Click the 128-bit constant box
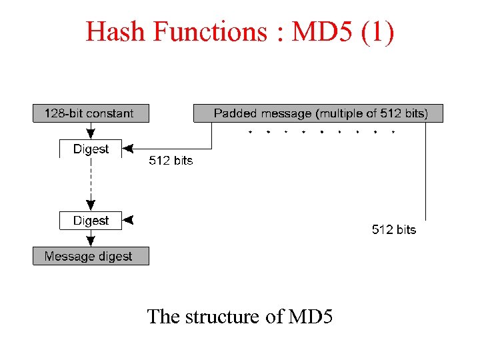[x=91, y=113]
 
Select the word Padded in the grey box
[x=234, y=113]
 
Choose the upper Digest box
[x=91, y=149]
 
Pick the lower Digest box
[x=91, y=221]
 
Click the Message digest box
[x=91, y=256]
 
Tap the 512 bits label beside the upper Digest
[x=170, y=161]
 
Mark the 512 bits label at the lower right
[x=393, y=229]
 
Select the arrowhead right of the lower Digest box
[x=129, y=219]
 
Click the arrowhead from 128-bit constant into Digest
[x=91, y=135]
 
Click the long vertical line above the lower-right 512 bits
[x=425, y=173]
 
